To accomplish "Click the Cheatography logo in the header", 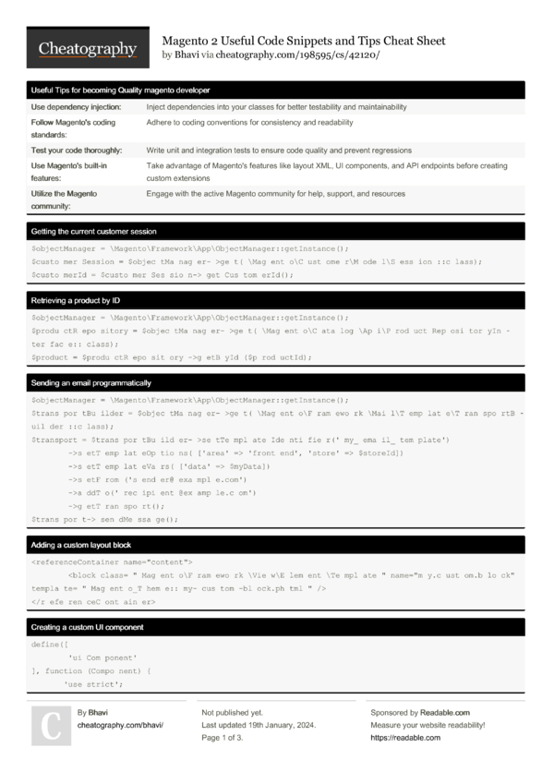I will pos(88,49).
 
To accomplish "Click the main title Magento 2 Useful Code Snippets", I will pos(304,41).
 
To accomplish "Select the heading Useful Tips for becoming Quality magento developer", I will pos(121,90).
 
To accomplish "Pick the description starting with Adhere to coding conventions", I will pos(249,122).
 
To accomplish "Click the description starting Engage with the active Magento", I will pos(275,194).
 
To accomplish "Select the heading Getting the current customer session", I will pos(94,231).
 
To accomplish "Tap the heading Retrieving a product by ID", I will pos(76,301).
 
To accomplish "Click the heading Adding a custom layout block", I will pos(83,545).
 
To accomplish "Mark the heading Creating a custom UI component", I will pos(87,627).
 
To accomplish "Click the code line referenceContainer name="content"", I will pos(112,561).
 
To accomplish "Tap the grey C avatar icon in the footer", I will pos(51,725).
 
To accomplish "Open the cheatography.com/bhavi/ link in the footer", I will pos(120,726).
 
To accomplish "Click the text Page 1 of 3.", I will pos(222,738).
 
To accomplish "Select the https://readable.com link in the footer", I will pos(405,738).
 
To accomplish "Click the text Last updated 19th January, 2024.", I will pos(258,726).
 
